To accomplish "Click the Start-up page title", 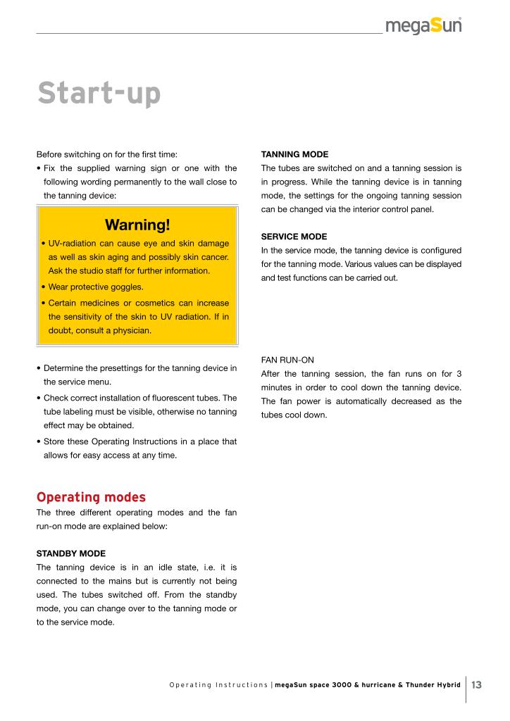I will tap(99, 94).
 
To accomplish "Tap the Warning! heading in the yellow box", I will tap(137, 225).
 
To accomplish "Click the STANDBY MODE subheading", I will tap(70, 553).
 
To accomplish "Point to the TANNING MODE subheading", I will tap(294, 153).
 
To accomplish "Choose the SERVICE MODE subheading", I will tap(294, 237).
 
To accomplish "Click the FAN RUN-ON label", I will tap(287, 359).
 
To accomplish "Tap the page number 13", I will tap(477, 684).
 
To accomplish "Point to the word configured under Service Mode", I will tap(437, 250).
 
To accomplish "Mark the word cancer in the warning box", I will tap(213, 256).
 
